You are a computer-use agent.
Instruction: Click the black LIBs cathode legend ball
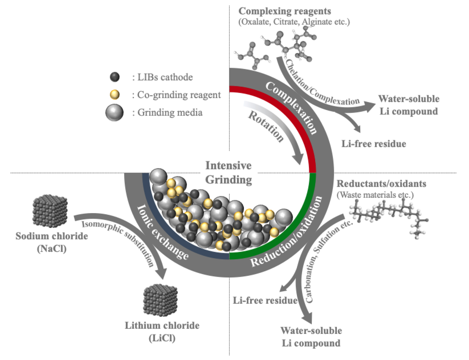[115, 77]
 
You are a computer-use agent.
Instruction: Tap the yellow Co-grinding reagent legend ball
[115, 95]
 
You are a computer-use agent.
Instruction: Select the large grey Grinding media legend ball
[114, 112]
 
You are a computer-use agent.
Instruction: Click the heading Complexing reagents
[285, 11]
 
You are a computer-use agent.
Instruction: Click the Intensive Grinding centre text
[228, 173]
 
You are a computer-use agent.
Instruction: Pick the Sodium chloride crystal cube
[50, 211]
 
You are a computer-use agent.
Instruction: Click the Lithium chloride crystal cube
[160, 300]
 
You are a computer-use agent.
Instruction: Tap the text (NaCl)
[52, 249]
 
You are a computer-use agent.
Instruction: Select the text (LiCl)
[162, 338]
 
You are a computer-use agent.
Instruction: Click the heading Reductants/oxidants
[381, 184]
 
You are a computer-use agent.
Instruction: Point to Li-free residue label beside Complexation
[374, 144]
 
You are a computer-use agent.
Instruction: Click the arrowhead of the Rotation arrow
[298, 159]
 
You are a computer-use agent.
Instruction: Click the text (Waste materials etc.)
[375, 195]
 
